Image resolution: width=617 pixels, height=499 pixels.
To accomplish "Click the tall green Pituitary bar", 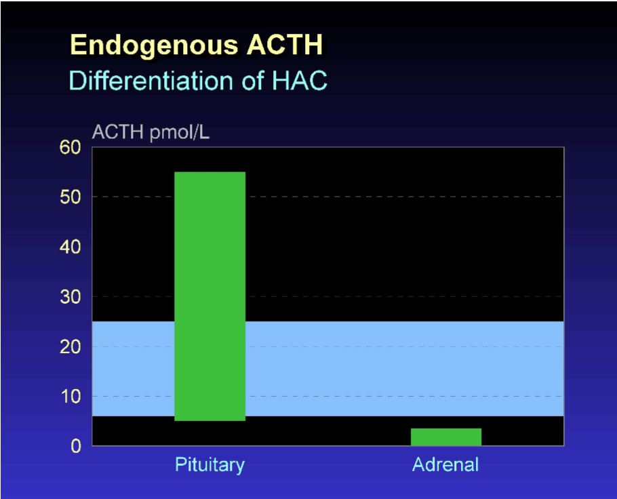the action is pyautogui.click(x=210, y=296).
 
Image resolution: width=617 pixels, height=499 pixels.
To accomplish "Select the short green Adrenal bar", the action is pyautogui.click(x=446, y=437).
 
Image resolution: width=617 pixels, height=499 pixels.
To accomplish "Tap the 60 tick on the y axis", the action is pyautogui.click(x=70, y=147).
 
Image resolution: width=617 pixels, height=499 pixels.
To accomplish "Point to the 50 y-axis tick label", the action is pyautogui.click(x=70, y=197).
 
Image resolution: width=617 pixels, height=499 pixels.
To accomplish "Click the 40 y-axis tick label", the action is pyautogui.click(x=70, y=247).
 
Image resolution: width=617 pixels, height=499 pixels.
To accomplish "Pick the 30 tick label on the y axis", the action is pyautogui.click(x=70, y=297).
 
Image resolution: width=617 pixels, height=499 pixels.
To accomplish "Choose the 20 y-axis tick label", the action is pyautogui.click(x=70, y=346).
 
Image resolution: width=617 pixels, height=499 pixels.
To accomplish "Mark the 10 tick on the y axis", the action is pyautogui.click(x=71, y=397).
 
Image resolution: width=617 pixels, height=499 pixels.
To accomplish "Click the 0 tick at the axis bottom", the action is pyautogui.click(x=76, y=446).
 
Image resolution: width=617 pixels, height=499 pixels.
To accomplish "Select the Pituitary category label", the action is pyautogui.click(x=210, y=465).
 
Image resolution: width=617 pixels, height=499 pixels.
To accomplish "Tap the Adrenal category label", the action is pyautogui.click(x=445, y=465).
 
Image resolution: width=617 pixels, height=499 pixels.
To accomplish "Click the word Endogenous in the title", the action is pyautogui.click(x=155, y=45).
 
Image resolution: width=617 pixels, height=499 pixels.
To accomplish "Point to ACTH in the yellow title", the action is pyautogui.click(x=285, y=45).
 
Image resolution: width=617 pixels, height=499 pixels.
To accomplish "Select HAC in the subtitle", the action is pyautogui.click(x=300, y=80).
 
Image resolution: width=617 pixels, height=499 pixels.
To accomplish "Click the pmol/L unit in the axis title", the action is pyautogui.click(x=180, y=133).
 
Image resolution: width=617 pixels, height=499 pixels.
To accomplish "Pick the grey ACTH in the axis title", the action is pyautogui.click(x=118, y=132).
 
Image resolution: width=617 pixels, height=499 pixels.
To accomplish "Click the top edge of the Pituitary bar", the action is pyautogui.click(x=210, y=172).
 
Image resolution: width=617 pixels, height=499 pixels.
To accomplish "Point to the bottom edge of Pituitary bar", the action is pyautogui.click(x=210, y=420).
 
